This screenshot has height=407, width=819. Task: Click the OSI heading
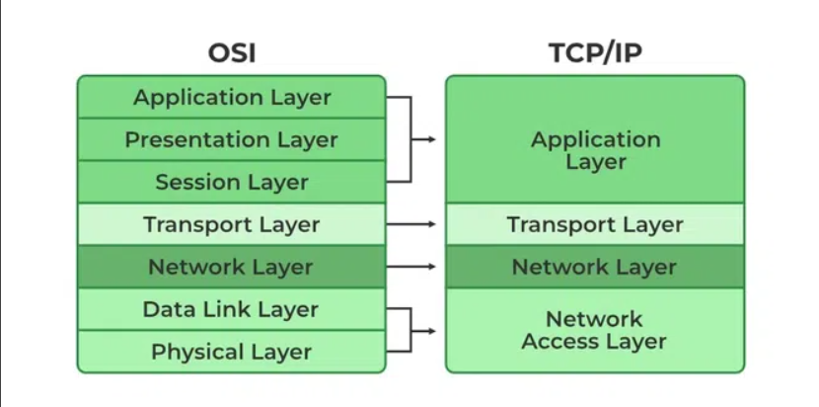pos(232,52)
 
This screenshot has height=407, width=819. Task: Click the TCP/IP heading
pos(594,52)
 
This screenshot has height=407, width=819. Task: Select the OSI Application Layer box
pos(232,97)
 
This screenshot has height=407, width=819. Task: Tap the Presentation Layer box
pos(232,139)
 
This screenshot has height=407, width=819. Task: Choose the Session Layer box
pos(232,182)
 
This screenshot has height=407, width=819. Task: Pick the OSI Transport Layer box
pos(232,224)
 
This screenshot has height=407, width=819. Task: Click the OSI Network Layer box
pos(232,267)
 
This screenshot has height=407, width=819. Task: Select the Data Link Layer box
pos(232,309)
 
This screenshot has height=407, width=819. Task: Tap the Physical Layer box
pos(232,351)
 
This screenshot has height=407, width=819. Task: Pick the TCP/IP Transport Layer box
pos(594,224)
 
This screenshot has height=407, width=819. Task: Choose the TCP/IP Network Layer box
pos(594,267)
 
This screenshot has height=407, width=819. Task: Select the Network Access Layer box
pos(594,330)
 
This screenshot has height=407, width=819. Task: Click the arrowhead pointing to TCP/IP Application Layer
pos(430,139)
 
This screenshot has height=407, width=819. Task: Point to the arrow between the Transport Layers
pos(412,224)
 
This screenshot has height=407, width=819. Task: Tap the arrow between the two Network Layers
pos(412,267)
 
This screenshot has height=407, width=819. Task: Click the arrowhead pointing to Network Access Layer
pos(430,330)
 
